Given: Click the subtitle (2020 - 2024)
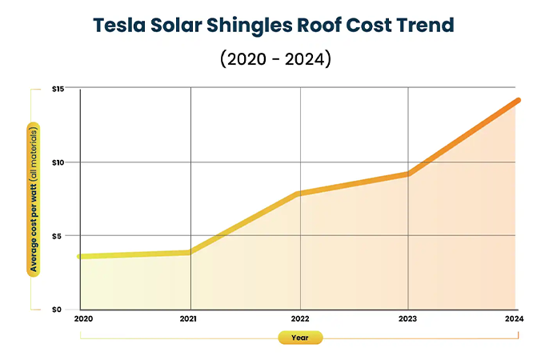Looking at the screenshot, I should [x=270, y=59].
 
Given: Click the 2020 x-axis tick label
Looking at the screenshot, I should [x=82, y=318].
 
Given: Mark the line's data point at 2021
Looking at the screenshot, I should [x=190, y=252].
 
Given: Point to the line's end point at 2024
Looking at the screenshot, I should [x=518, y=100].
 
